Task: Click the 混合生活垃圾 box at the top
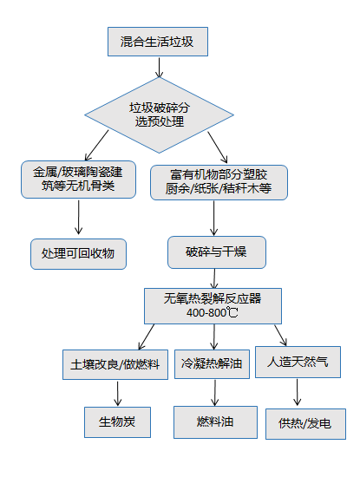click(x=158, y=42)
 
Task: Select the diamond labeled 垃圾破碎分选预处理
click(x=159, y=115)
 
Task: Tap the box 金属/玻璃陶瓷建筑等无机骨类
click(x=79, y=180)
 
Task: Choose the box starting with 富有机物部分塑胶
click(x=219, y=182)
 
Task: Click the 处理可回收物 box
click(x=78, y=254)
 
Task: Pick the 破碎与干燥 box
click(x=217, y=252)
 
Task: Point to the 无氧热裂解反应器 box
click(x=213, y=306)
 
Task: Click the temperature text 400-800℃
click(x=213, y=312)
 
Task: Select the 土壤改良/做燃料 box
click(x=115, y=364)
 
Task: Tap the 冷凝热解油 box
click(x=212, y=364)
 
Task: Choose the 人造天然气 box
click(x=298, y=362)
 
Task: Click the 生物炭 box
click(x=117, y=422)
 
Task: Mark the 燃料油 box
click(x=215, y=422)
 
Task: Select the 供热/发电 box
click(x=305, y=424)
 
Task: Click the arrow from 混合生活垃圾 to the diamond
click(x=159, y=68)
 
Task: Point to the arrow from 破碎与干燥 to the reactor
click(x=214, y=278)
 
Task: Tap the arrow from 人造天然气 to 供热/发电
click(x=298, y=392)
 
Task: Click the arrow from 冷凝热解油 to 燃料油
click(x=215, y=393)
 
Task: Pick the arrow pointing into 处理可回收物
click(x=79, y=217)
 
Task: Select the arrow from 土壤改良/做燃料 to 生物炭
click(x=117, y=394)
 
